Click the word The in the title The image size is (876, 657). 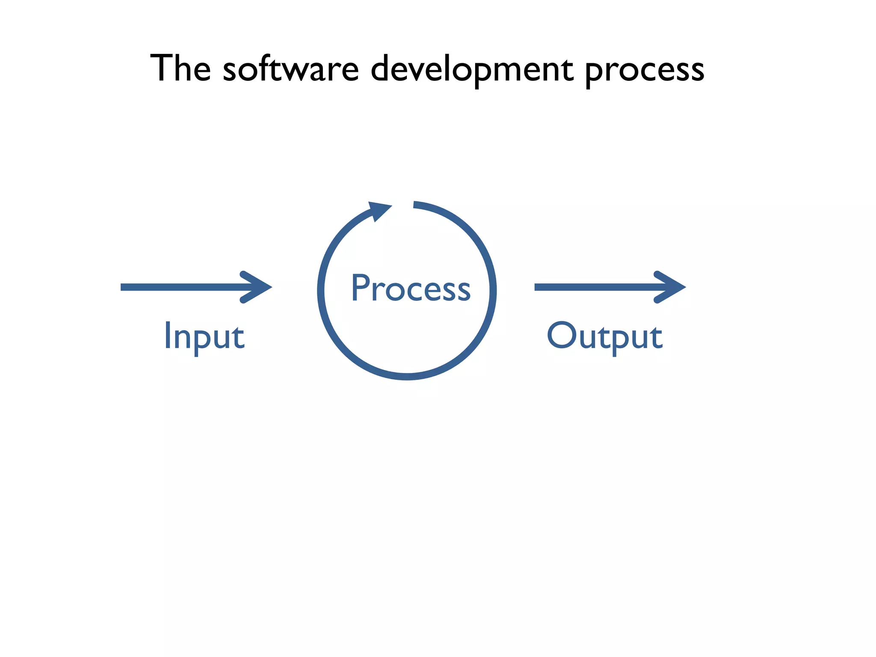point(181,68)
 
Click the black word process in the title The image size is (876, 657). point(644,71)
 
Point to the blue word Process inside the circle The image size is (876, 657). point(411,288)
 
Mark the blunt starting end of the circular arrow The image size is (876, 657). point(414,204)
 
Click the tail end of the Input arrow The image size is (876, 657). point(123,287)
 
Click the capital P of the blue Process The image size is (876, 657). point(360,287)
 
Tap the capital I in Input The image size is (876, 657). point(167,335)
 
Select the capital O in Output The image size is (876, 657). point(561,334)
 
